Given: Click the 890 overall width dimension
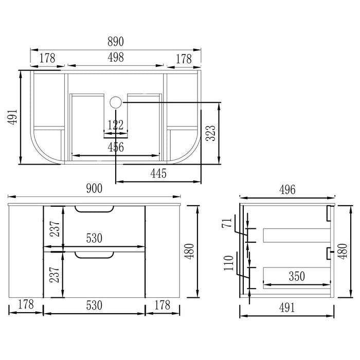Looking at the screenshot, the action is [116, 42].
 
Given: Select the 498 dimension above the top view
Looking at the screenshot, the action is [116, 57].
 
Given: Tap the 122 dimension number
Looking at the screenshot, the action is [116, 125].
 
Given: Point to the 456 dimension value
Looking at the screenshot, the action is [116, 147].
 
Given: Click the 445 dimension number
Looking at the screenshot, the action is [158, 173].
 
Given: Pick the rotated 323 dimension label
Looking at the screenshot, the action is [211, 133].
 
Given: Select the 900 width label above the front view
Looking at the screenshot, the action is [94, 189].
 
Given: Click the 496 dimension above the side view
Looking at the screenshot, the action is [287, 190].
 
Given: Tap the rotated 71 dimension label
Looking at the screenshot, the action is [227, 223].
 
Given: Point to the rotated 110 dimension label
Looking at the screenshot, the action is [229, 263].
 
